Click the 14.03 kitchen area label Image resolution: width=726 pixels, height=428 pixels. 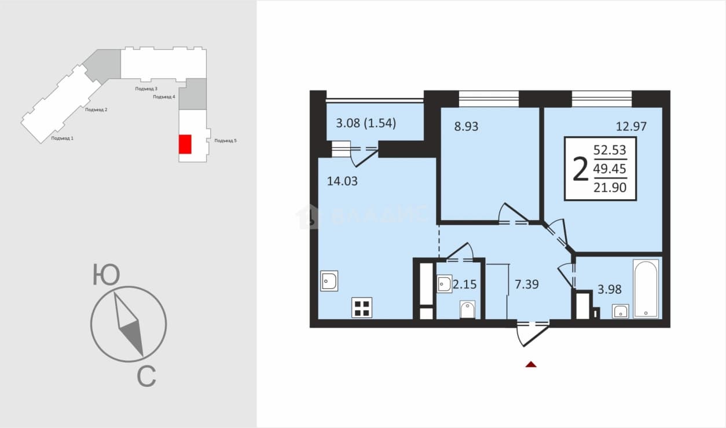click(342, 181)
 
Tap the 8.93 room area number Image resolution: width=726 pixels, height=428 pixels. click(466, 126)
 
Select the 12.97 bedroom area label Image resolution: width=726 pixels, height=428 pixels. click(631, 126)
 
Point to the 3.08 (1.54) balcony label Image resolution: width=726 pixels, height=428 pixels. click(366, 123)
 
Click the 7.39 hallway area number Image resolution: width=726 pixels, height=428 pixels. click(527, 284)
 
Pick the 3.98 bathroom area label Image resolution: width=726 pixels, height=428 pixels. click(609, 289)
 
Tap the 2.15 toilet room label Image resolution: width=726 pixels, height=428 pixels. click(465, 284)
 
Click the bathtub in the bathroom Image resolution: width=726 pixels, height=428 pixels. click(646, 288)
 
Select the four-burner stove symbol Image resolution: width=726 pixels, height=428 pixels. click(362, 308)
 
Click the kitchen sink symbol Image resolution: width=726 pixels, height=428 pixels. click(329, 281)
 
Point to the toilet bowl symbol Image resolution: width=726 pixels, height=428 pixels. click(467, 310)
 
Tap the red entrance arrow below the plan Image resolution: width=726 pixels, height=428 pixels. click(531, 364)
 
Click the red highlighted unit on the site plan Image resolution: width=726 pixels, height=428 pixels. click(185, 144)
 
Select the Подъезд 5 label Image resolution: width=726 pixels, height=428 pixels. click(226, 141)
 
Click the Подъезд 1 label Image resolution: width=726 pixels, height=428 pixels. click(62, 138)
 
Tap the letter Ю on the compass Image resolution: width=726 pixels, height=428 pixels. click(107, 275)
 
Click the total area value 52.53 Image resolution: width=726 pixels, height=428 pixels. click(610, 150)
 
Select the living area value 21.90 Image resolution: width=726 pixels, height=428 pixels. click(610, 188)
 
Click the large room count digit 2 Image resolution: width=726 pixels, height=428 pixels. click(580, 169)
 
